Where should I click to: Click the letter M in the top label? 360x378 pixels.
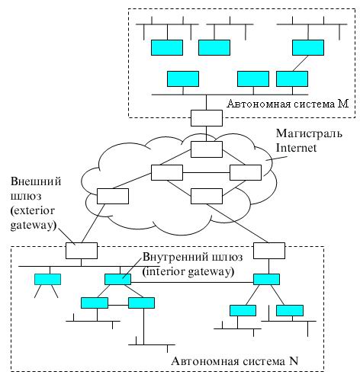(x=343, y=104)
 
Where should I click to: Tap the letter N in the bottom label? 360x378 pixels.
(x=294, y=360)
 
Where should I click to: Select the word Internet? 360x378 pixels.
(x=296, y=148)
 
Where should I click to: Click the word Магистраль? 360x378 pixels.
(x=309, y=133)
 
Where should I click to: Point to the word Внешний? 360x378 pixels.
(x=36, y=181)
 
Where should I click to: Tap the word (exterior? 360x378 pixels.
(x=33, y=210)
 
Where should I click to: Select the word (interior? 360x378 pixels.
(x=164, y=271)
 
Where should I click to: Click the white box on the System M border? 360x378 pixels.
(x=207, y=118)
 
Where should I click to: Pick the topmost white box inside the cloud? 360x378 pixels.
(x=207, y=149)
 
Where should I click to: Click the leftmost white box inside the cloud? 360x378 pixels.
(x=113, y=196)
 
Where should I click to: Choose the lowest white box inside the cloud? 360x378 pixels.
(x=207, y=196)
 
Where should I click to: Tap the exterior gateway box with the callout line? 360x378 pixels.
(x=82, y=251)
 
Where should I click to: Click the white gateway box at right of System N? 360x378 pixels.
(x=269, y=251)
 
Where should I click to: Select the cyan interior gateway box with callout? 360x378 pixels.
(x=117, y=279)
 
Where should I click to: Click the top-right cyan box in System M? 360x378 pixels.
(x=308, y=47)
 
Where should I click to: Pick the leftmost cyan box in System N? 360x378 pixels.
(x=47, y=279)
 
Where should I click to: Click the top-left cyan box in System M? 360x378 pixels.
(x=167, y=47)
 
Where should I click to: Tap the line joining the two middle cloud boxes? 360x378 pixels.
(x=206, y=173)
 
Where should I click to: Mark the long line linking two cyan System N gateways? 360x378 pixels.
(x=192, y=282)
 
